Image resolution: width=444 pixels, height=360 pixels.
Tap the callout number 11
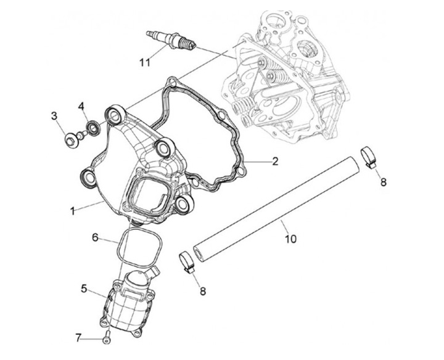point(144,62)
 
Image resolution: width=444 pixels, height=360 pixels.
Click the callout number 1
point(73,210)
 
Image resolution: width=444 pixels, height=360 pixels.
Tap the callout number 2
point(275,162)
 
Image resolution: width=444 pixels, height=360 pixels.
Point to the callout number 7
point(79,337)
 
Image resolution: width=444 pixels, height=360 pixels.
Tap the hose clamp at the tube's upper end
point(369,155)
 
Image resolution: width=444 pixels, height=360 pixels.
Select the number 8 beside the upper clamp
point(383,182)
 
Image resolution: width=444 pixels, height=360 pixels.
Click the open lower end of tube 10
point(199,253)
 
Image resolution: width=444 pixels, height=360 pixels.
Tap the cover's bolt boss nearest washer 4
point(113,114)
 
